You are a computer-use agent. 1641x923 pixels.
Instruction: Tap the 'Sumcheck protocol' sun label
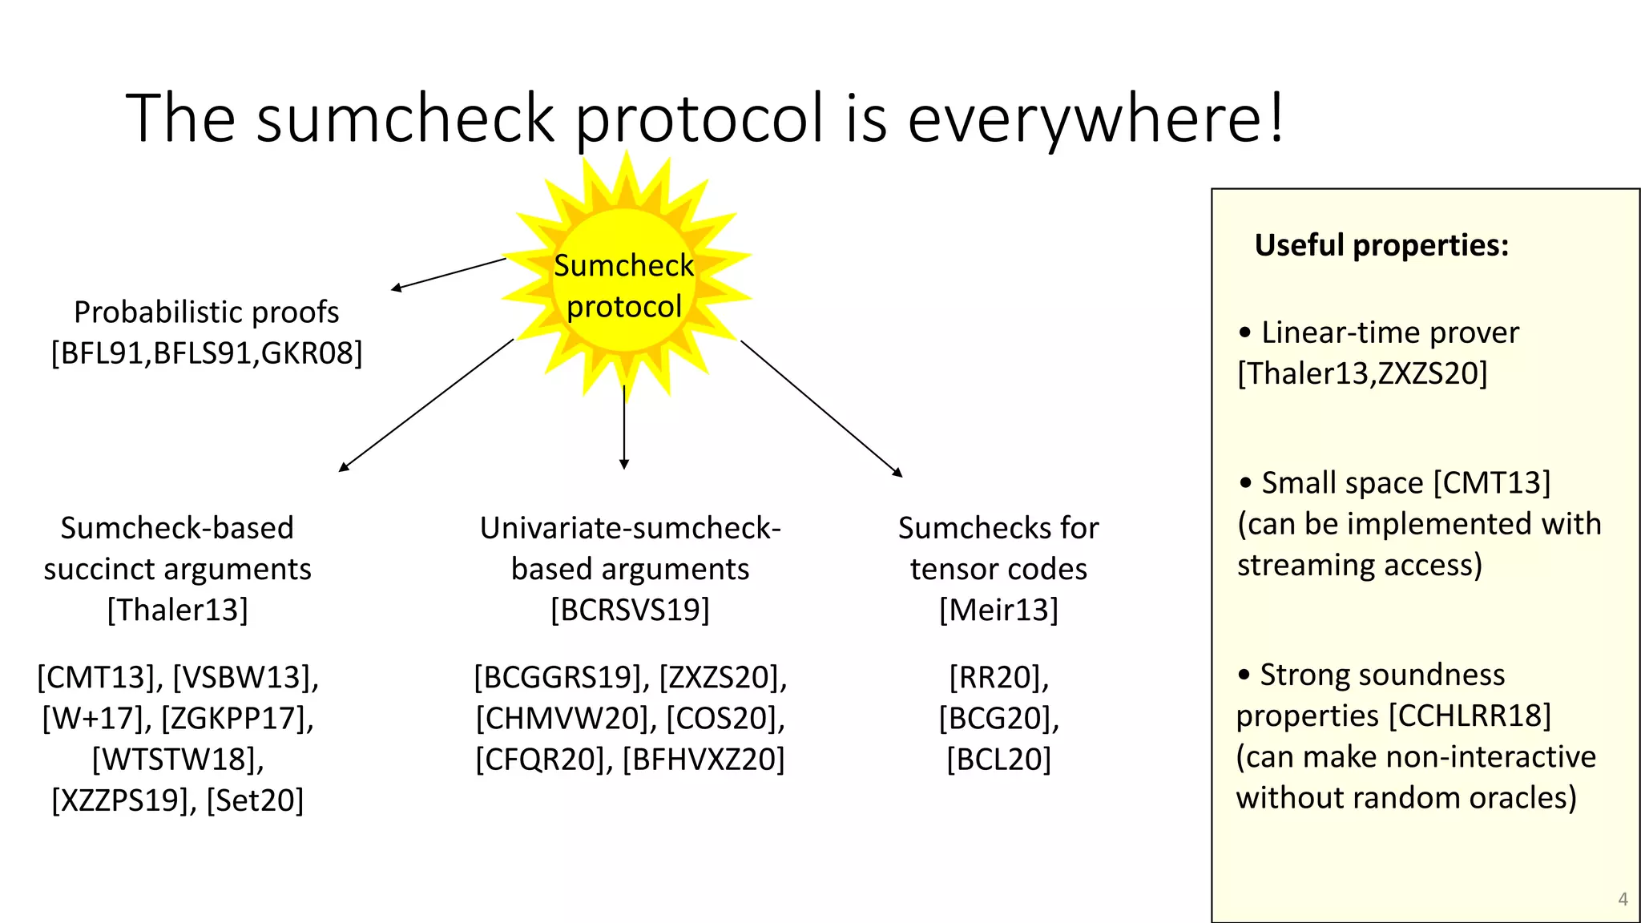pos(624,286)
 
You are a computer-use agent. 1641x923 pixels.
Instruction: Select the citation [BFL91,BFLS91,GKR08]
pos(207,353)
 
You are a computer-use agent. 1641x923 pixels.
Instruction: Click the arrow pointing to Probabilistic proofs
pos(449,273)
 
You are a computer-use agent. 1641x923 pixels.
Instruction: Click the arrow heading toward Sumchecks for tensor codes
pos(820,408)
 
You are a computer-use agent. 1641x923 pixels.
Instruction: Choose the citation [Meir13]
pos(998,611)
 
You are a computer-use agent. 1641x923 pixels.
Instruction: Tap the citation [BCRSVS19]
pos(630,611)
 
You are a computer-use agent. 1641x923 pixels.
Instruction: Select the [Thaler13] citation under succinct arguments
pos(177,611)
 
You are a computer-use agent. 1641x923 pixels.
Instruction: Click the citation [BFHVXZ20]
pos(704,760)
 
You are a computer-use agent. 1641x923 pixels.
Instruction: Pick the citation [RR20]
pos(998,678)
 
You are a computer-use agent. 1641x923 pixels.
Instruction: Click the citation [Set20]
pos(255,800)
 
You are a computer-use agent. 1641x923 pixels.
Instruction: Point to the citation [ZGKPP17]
pos(237,719)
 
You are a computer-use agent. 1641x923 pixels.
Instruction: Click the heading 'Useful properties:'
pos(1381,245)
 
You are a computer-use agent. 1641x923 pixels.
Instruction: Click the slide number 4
pos(1623,899)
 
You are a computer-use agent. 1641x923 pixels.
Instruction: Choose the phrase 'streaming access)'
pos(1360,566)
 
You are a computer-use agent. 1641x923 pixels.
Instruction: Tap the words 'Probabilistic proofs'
pos(207,312)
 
